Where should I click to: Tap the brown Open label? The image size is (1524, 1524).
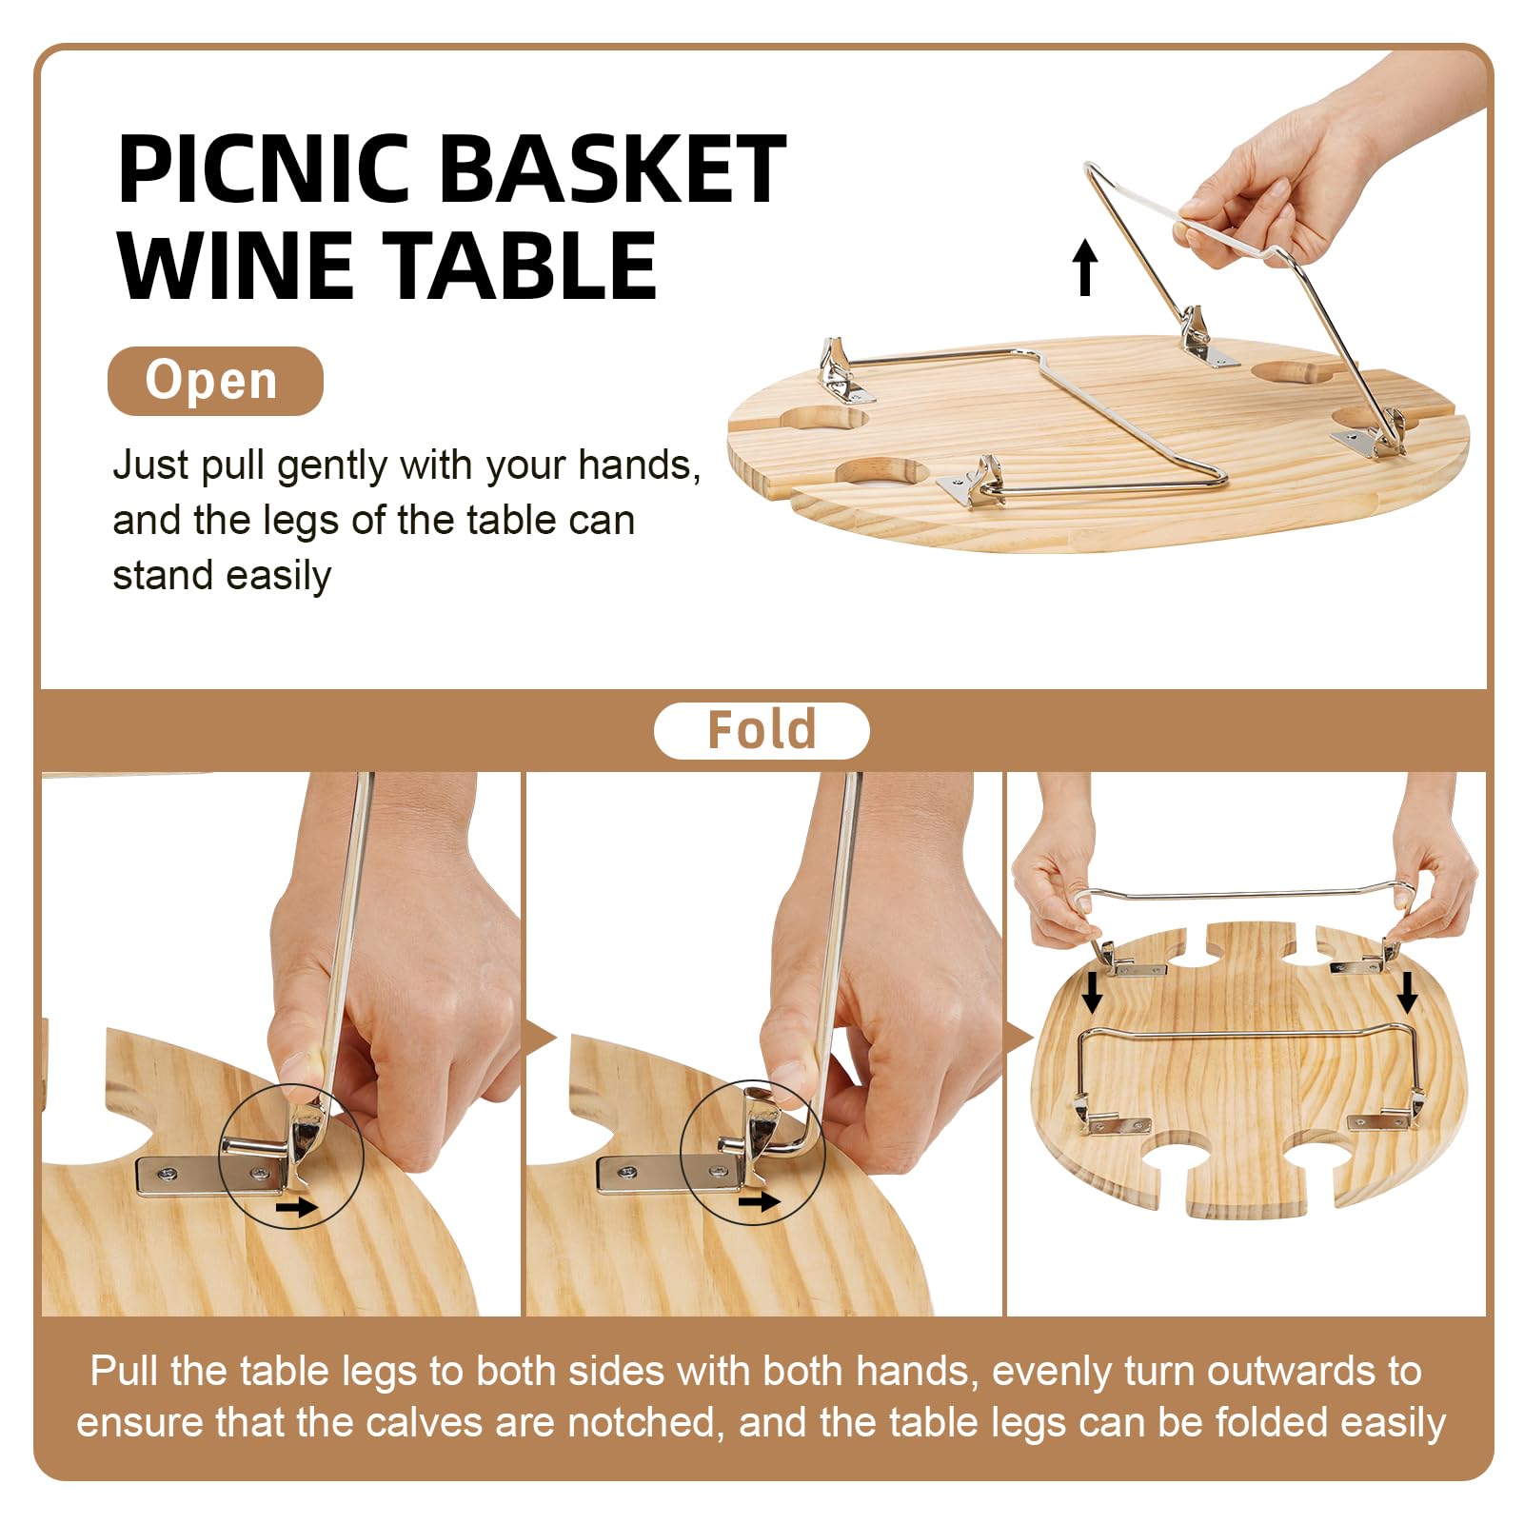coord(215,381)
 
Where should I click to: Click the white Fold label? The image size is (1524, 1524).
coord(762,731)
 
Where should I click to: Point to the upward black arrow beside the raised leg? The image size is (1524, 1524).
coord(1085,267)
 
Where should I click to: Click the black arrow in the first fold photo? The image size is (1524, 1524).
coord(294,1208)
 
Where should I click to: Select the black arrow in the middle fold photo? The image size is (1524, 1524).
coord(759,1202)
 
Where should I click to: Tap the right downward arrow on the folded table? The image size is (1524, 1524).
coord(1407,993)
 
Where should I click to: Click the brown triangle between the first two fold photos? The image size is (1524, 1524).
coord(539,1039)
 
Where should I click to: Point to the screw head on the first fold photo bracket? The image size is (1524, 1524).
coord(168,1173)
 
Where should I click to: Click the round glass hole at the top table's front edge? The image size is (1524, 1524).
coord(881,472)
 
